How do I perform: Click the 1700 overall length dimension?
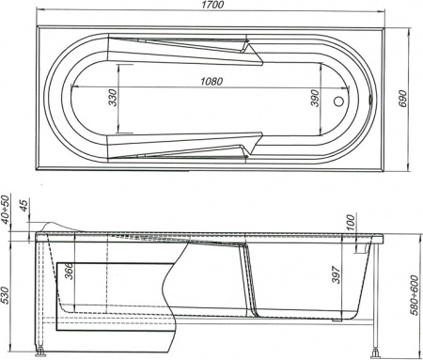pos(212,8)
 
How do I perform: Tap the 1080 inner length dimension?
pos(212,82)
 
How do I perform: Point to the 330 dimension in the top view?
pos(113,97)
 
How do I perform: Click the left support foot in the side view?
pos(42,354)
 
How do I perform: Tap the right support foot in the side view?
pos(379,354)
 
